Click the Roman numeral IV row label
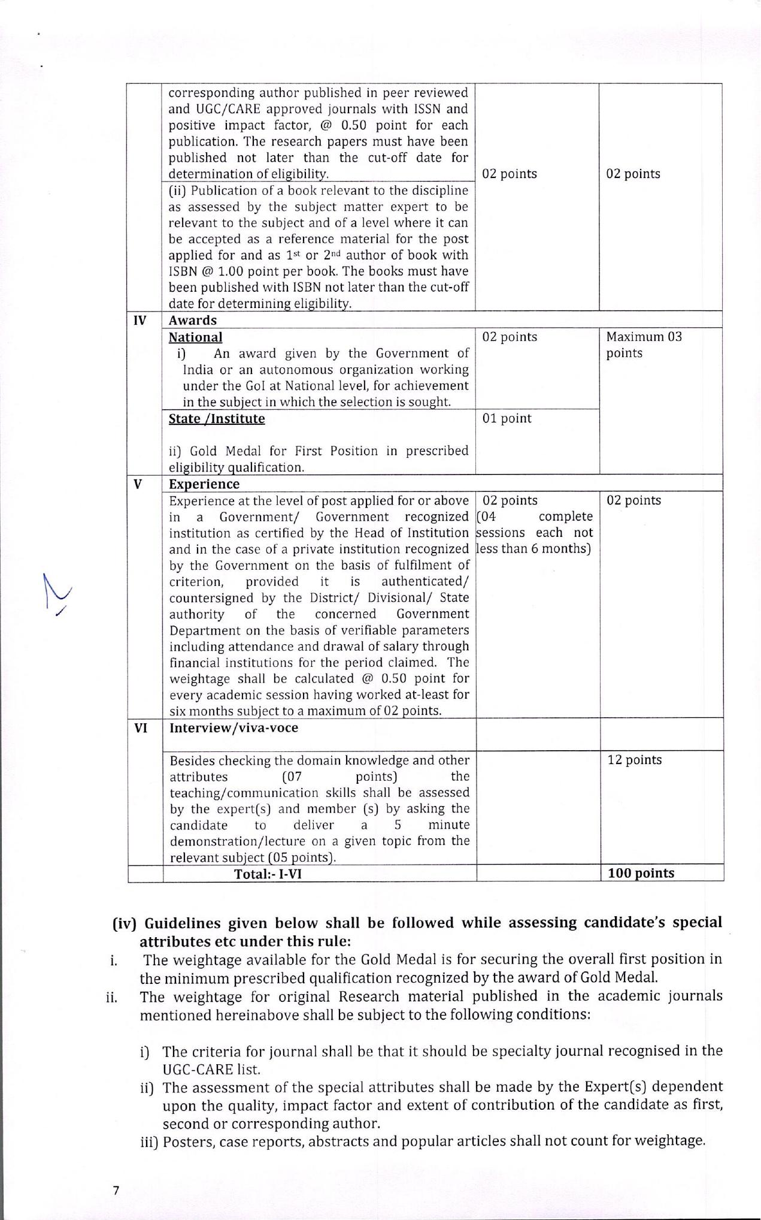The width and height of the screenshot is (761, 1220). tap(139, 321)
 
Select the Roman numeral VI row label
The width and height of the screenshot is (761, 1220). tap(141, 728)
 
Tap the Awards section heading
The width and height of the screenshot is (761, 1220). tap(192, 321)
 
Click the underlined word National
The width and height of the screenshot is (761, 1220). tap(195, 337)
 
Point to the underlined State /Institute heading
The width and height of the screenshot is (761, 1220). tap(216, 419)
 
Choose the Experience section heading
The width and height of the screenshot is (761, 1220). tap(204, 484)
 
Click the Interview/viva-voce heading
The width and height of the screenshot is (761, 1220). tap(234, 728)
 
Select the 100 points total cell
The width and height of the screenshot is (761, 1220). tap(640, 873)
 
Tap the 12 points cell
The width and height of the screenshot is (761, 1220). tap(635, 760)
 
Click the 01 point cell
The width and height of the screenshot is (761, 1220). tap(507, 419)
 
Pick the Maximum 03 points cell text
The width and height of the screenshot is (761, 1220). tap(644, 345)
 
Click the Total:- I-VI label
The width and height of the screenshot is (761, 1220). tap(268, 874)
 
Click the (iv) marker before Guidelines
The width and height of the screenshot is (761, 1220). tap(125, 923)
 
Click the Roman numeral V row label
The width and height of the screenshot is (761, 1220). tap(138, 484)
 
